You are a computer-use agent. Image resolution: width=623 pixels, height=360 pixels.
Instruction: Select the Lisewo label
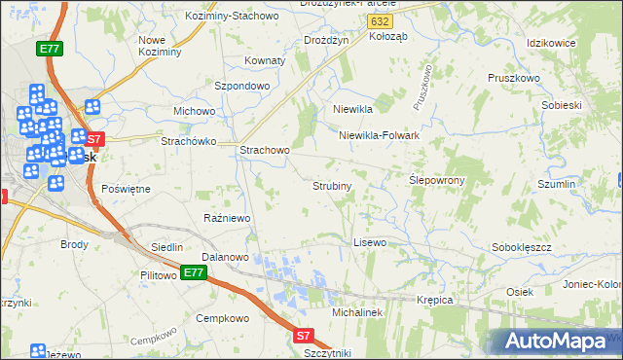pyautogui.click(x=370, y=241)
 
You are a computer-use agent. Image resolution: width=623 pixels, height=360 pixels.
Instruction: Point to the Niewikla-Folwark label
pyautogui.click(x=379, y=135)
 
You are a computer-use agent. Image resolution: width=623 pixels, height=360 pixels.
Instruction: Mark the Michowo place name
pyautogui.click(x=194, y=111)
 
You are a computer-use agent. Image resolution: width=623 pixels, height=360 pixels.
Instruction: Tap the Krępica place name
pyautogui.click(x=435, y=300)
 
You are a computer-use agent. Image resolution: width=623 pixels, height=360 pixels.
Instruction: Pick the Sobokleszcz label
pyautogui.click(x=523, y=247)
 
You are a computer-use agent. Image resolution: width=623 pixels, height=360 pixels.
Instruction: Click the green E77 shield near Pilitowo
pyautogui.click(x=193, y=273)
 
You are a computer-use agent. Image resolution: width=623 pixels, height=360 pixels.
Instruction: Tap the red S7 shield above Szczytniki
pyautogui.click(x=305, y=336)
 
